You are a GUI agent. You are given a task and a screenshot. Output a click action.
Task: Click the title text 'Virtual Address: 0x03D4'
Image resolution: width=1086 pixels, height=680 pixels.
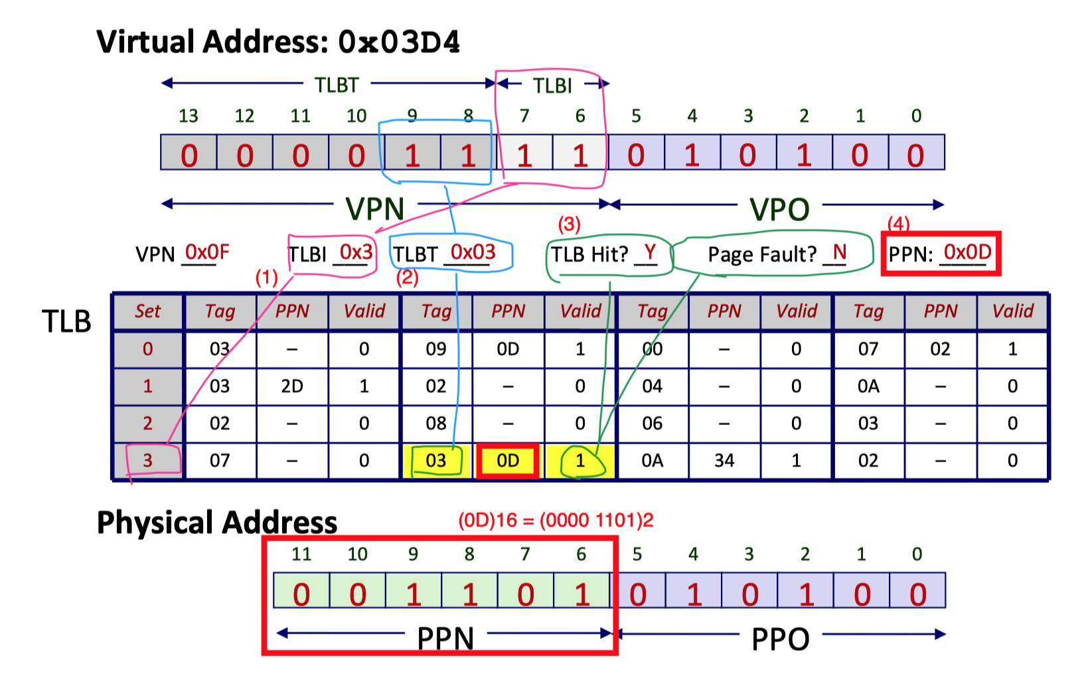[278, 42]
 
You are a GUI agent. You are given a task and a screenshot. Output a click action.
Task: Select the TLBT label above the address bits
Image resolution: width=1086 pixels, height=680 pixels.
[337, 85]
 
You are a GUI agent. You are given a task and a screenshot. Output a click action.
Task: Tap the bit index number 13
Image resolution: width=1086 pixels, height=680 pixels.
[189, 116]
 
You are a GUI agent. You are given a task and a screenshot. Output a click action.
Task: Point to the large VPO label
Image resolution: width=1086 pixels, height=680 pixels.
[779, 209]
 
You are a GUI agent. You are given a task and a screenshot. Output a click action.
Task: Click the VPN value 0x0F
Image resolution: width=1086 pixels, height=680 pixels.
[206, 252]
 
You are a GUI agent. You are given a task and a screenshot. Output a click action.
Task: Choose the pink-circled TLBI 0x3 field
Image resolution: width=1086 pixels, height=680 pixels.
[332, 253]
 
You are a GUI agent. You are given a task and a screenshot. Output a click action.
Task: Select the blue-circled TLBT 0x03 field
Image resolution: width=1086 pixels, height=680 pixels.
[451, 253]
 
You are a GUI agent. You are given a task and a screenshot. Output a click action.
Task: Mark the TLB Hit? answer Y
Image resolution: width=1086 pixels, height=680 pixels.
[649, 252]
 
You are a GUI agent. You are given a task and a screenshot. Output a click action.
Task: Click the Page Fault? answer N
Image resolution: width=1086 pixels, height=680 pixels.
[839, 252]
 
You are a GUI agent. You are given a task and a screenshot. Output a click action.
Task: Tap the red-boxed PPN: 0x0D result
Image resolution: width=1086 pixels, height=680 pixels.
[940, 253]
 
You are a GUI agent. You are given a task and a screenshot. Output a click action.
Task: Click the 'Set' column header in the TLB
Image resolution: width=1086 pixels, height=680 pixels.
[148, 311]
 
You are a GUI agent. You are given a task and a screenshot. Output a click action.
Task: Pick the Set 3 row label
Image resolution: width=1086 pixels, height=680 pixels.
[148, 460]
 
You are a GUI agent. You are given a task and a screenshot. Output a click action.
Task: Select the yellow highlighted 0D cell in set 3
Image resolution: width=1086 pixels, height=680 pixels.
[508, 461]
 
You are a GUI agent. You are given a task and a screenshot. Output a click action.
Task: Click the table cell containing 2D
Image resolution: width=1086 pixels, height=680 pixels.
[292, 386]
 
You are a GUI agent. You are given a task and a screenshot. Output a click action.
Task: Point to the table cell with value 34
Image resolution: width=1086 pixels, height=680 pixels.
[724, 461]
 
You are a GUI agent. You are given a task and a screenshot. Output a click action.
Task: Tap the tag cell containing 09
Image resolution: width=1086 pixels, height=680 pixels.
[435, 349]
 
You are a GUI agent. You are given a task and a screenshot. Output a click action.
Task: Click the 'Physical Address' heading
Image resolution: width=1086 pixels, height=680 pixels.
[217, 523]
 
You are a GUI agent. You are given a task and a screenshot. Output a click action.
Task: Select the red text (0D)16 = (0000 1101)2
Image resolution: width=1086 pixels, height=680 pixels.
[556, 520]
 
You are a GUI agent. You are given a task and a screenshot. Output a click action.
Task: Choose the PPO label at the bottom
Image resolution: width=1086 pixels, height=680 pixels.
[780, 639]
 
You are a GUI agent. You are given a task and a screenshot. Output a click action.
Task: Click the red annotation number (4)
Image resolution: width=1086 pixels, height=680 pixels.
[899, 224]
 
